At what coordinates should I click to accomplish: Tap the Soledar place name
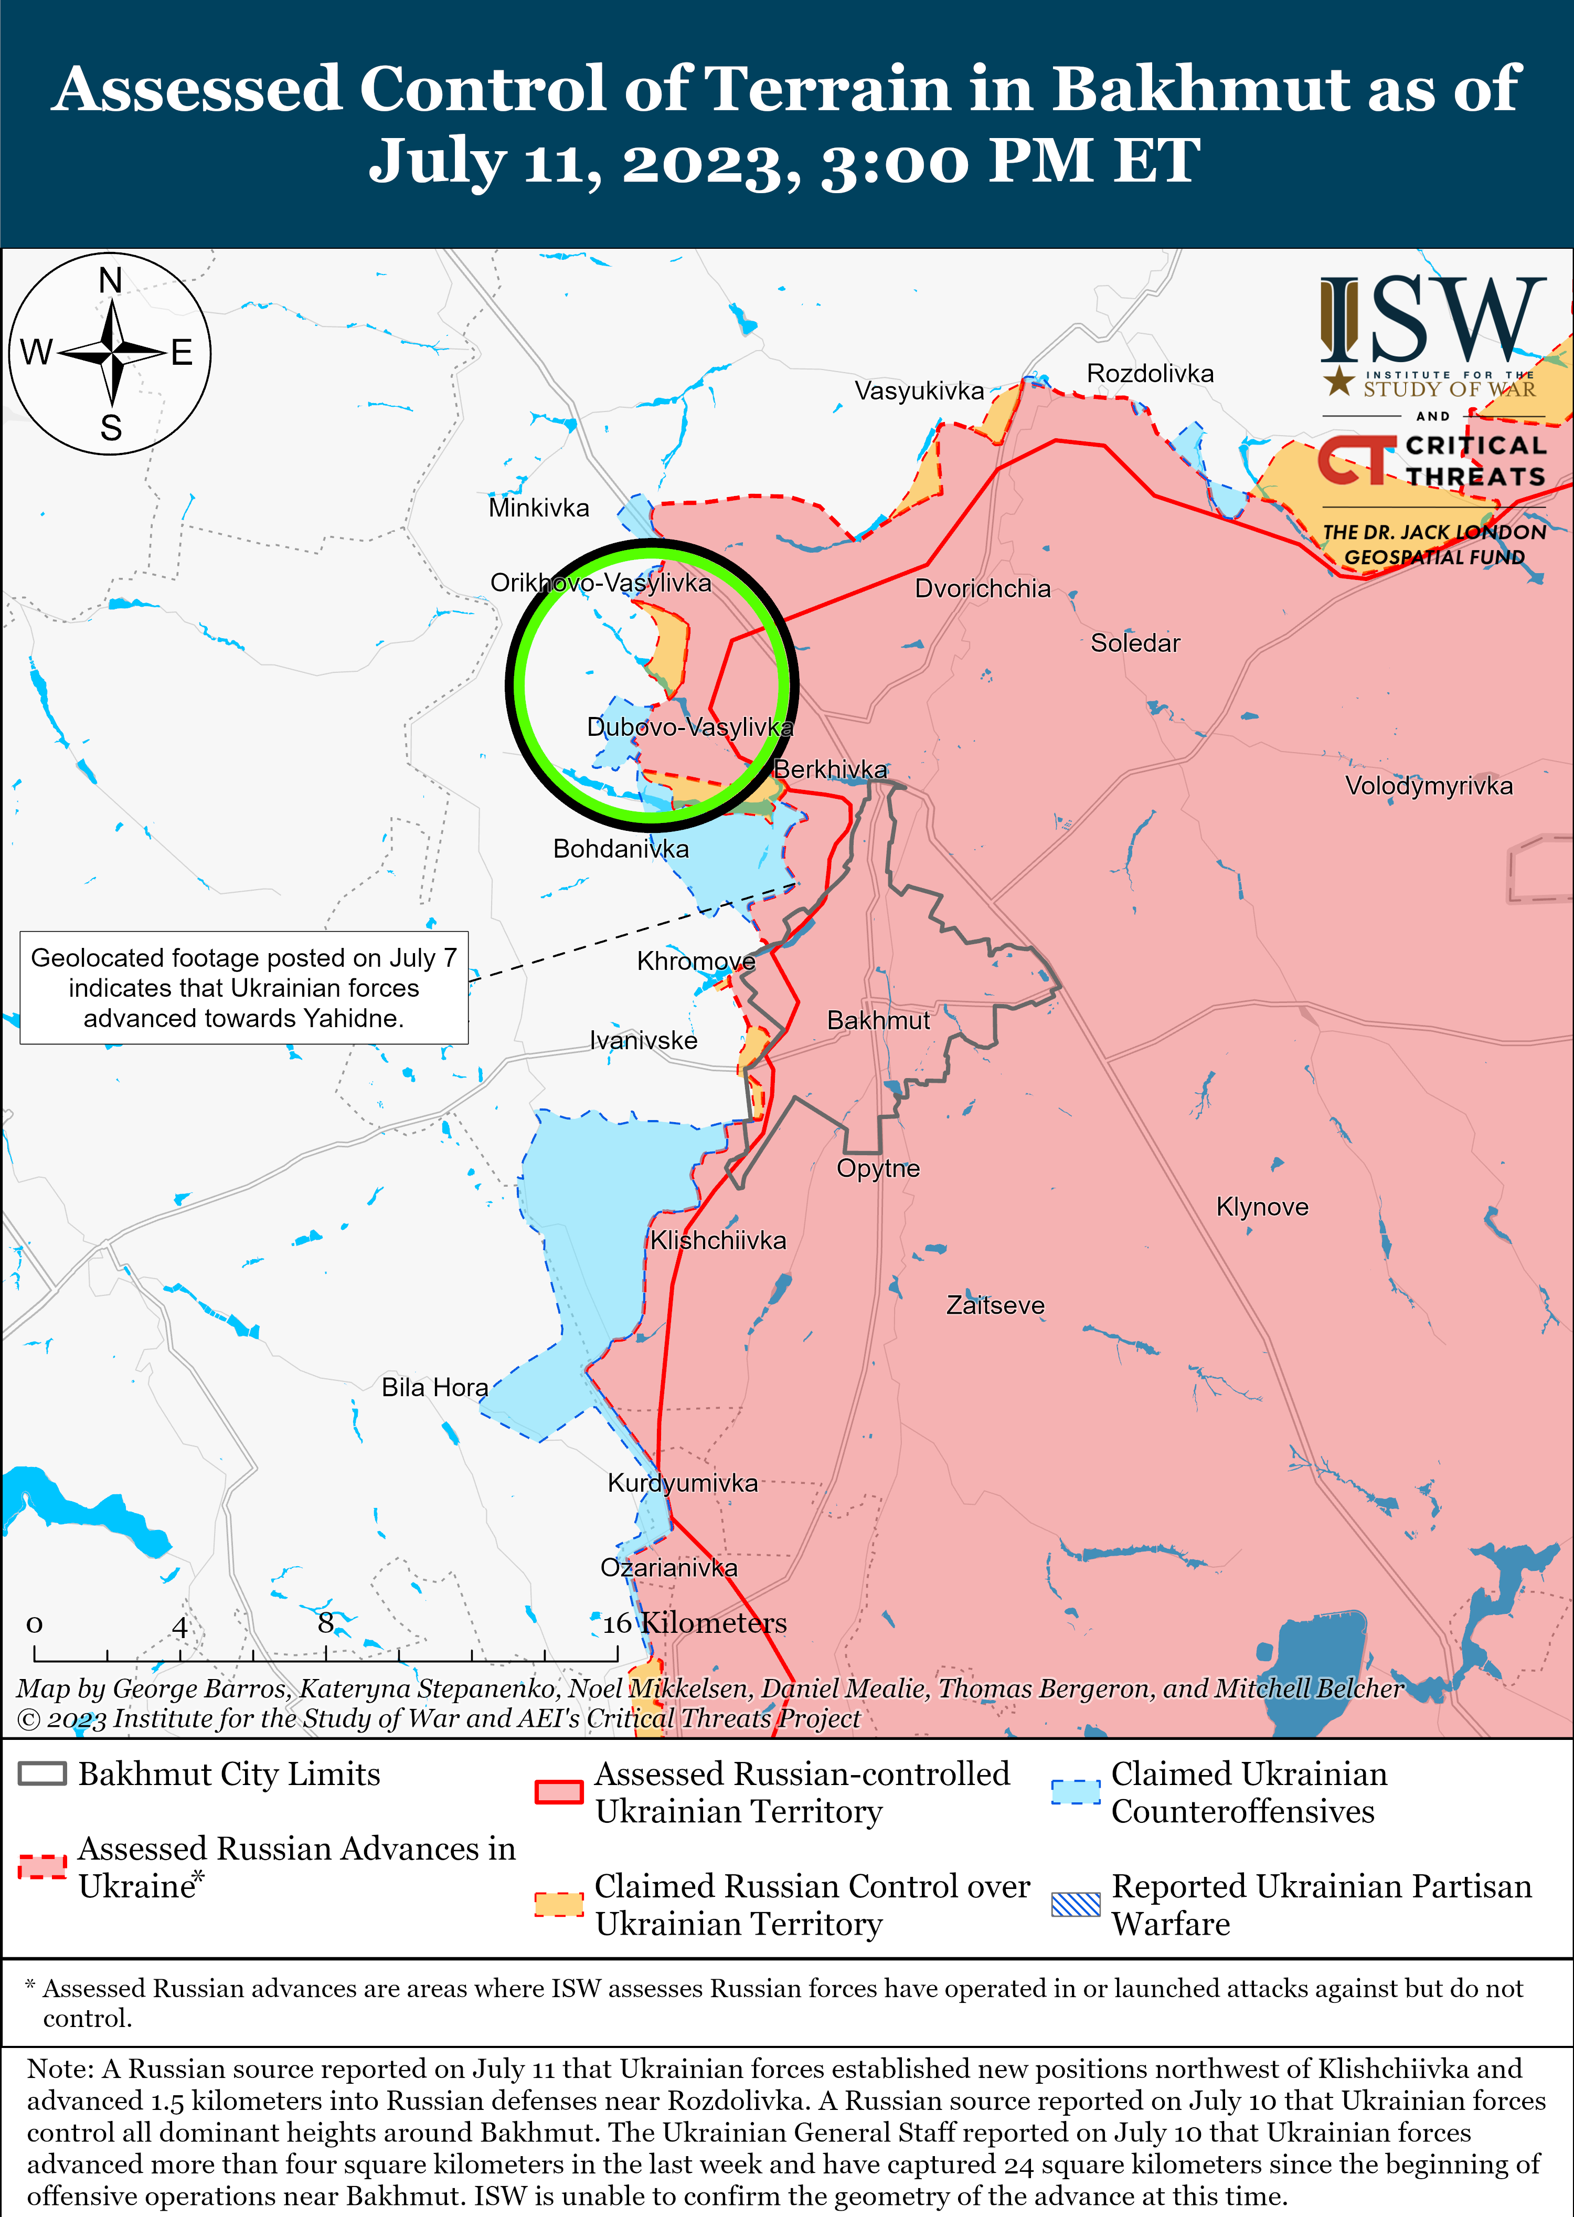(1135, 643)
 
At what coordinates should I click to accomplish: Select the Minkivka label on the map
(539, 508)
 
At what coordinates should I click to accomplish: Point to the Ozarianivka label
(669, 1568)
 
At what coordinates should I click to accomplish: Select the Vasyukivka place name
(919, 390)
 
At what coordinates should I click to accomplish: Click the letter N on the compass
(111, 281)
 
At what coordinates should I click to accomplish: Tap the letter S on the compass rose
(111, 428)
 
